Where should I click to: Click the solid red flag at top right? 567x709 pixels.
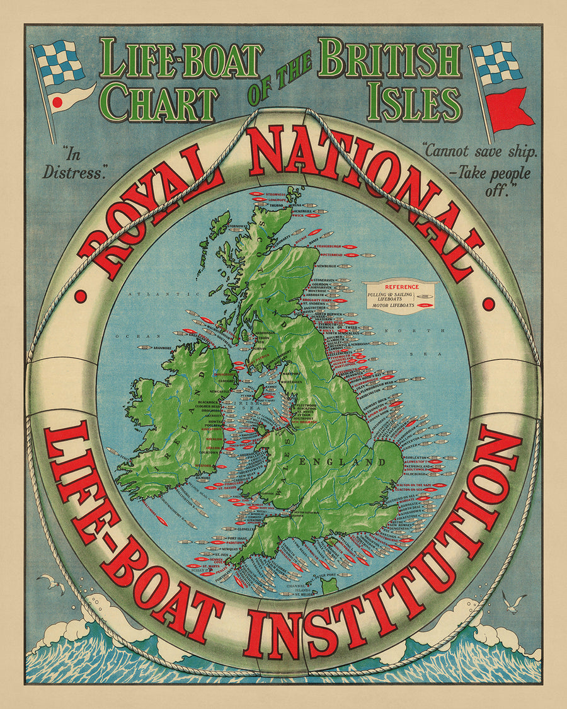coord(509,109)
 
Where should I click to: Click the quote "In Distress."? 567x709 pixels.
coord(73,163)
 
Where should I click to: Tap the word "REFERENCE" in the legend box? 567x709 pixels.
coord(401,287)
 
